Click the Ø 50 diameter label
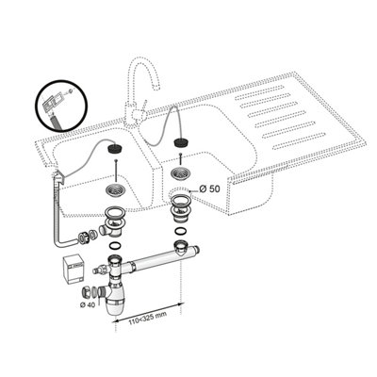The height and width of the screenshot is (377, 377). [209, 188]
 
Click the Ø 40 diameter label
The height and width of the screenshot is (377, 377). [87, 304]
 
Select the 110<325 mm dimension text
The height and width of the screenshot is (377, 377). [147, 317]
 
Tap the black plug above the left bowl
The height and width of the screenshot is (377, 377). [114, 148]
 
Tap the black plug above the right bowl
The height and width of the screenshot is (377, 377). [181, 141]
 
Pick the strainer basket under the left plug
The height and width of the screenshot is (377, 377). [116, 189]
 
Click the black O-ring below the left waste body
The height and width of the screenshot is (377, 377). [114, 246]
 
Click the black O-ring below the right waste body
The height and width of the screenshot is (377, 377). [180, 232]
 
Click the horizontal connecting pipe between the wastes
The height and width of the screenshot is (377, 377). [157, 264]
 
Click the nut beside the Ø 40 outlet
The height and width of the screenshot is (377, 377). [87, 292]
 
